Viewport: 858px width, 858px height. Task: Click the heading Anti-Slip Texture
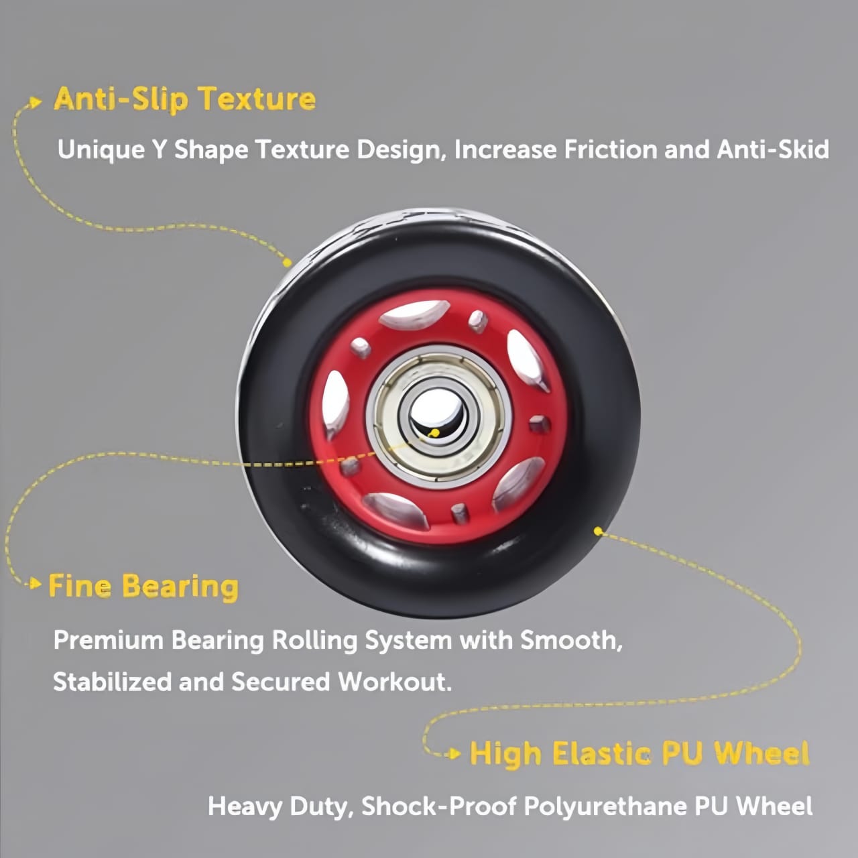185,99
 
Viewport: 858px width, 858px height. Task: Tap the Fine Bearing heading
143,587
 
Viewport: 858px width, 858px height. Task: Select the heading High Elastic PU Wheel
639,753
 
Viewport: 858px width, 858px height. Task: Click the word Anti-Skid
773,149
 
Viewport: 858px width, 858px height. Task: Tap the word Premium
109,640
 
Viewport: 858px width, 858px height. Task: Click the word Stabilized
112,682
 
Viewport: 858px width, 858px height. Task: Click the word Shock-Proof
439,806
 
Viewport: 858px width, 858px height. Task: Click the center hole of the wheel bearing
436,413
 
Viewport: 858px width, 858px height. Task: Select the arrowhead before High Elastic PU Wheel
454,753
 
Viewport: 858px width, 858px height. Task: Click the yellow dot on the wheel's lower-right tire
598,531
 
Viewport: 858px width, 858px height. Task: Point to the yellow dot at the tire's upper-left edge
288,263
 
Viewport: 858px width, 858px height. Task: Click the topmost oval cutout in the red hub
414,313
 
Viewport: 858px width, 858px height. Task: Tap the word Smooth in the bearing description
571,640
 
